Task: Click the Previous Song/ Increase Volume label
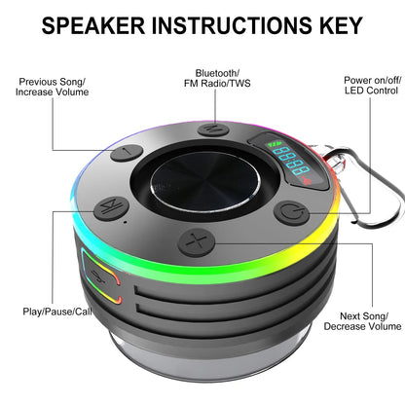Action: coord(53,86)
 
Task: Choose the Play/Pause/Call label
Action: coord(55,312)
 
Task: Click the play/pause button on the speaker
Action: coord(110,205)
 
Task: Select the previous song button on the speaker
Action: coord(127,152)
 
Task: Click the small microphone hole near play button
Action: coord(126,222)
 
